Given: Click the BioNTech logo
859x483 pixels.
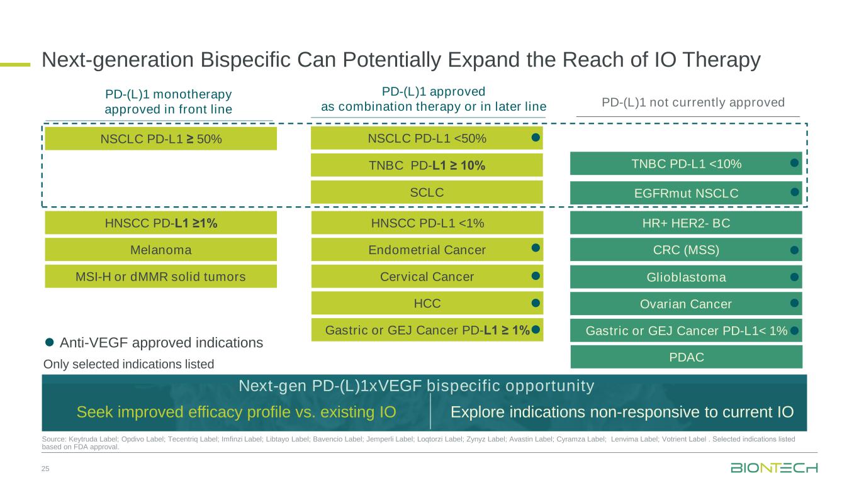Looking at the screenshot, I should pos(774,468).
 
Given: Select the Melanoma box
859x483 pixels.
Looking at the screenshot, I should pos(160,250).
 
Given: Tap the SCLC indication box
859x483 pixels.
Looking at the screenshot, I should pos(427,192).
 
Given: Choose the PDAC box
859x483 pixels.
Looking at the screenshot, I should pos(686,357).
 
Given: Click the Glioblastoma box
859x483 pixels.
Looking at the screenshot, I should pos(686,277).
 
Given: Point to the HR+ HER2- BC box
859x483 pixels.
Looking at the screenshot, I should pos(686,223).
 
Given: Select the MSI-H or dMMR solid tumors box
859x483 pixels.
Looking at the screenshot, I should pos(160,277).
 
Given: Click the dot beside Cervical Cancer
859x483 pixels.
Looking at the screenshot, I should pos(536,275).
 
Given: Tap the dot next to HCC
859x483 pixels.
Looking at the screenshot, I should pos(536,303).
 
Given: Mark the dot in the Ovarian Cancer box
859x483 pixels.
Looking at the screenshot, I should pos(795,303).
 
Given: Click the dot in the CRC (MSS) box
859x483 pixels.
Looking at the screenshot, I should pos(795,250).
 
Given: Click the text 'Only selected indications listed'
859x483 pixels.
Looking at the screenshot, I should pos(128,364).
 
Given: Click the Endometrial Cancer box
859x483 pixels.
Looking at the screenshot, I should pos(427,250).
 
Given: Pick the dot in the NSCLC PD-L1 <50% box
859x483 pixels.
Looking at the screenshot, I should pos(536,137).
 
